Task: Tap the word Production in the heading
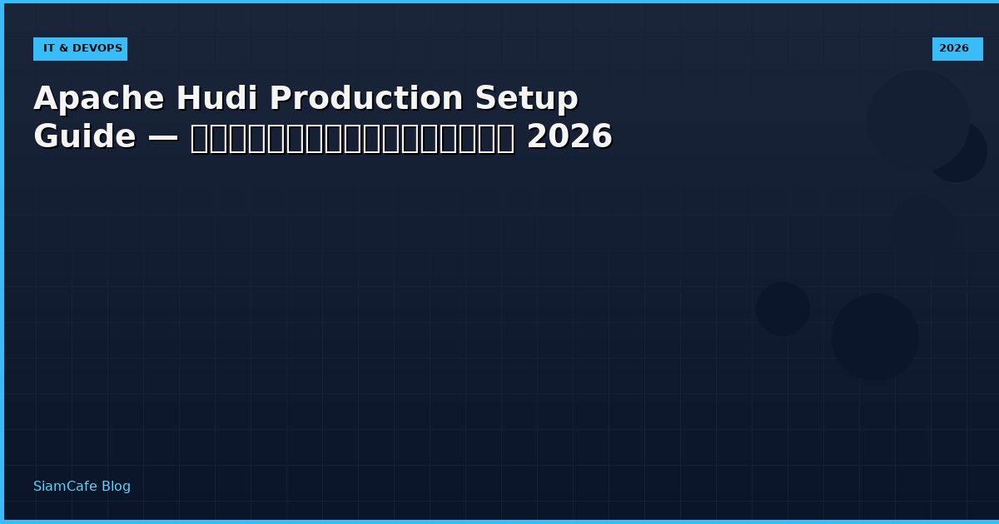366,99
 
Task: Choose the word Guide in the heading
84,137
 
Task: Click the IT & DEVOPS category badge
80,49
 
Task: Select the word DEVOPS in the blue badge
97,49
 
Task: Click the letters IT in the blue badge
49,49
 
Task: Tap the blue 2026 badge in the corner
957,49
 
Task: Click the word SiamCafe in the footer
65,487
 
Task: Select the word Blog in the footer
116,487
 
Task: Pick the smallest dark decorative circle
783,309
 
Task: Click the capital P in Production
280,99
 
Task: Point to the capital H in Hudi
187,99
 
